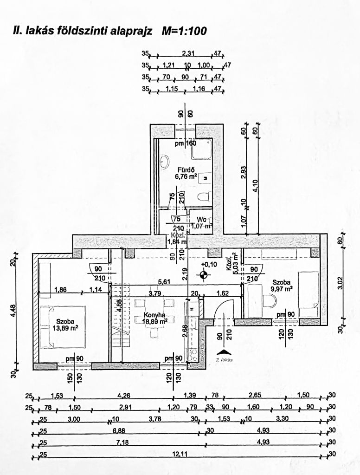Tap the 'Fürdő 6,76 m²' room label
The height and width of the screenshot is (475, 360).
185,173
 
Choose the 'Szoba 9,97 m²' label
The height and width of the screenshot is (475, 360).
282,285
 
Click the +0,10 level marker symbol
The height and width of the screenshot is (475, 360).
203,274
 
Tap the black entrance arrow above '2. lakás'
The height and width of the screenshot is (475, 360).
223,351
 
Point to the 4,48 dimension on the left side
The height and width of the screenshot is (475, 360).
14,310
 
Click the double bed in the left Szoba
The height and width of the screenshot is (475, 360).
62,327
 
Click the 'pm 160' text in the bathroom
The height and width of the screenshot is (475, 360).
185,143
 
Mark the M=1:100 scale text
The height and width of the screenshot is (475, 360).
184,31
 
